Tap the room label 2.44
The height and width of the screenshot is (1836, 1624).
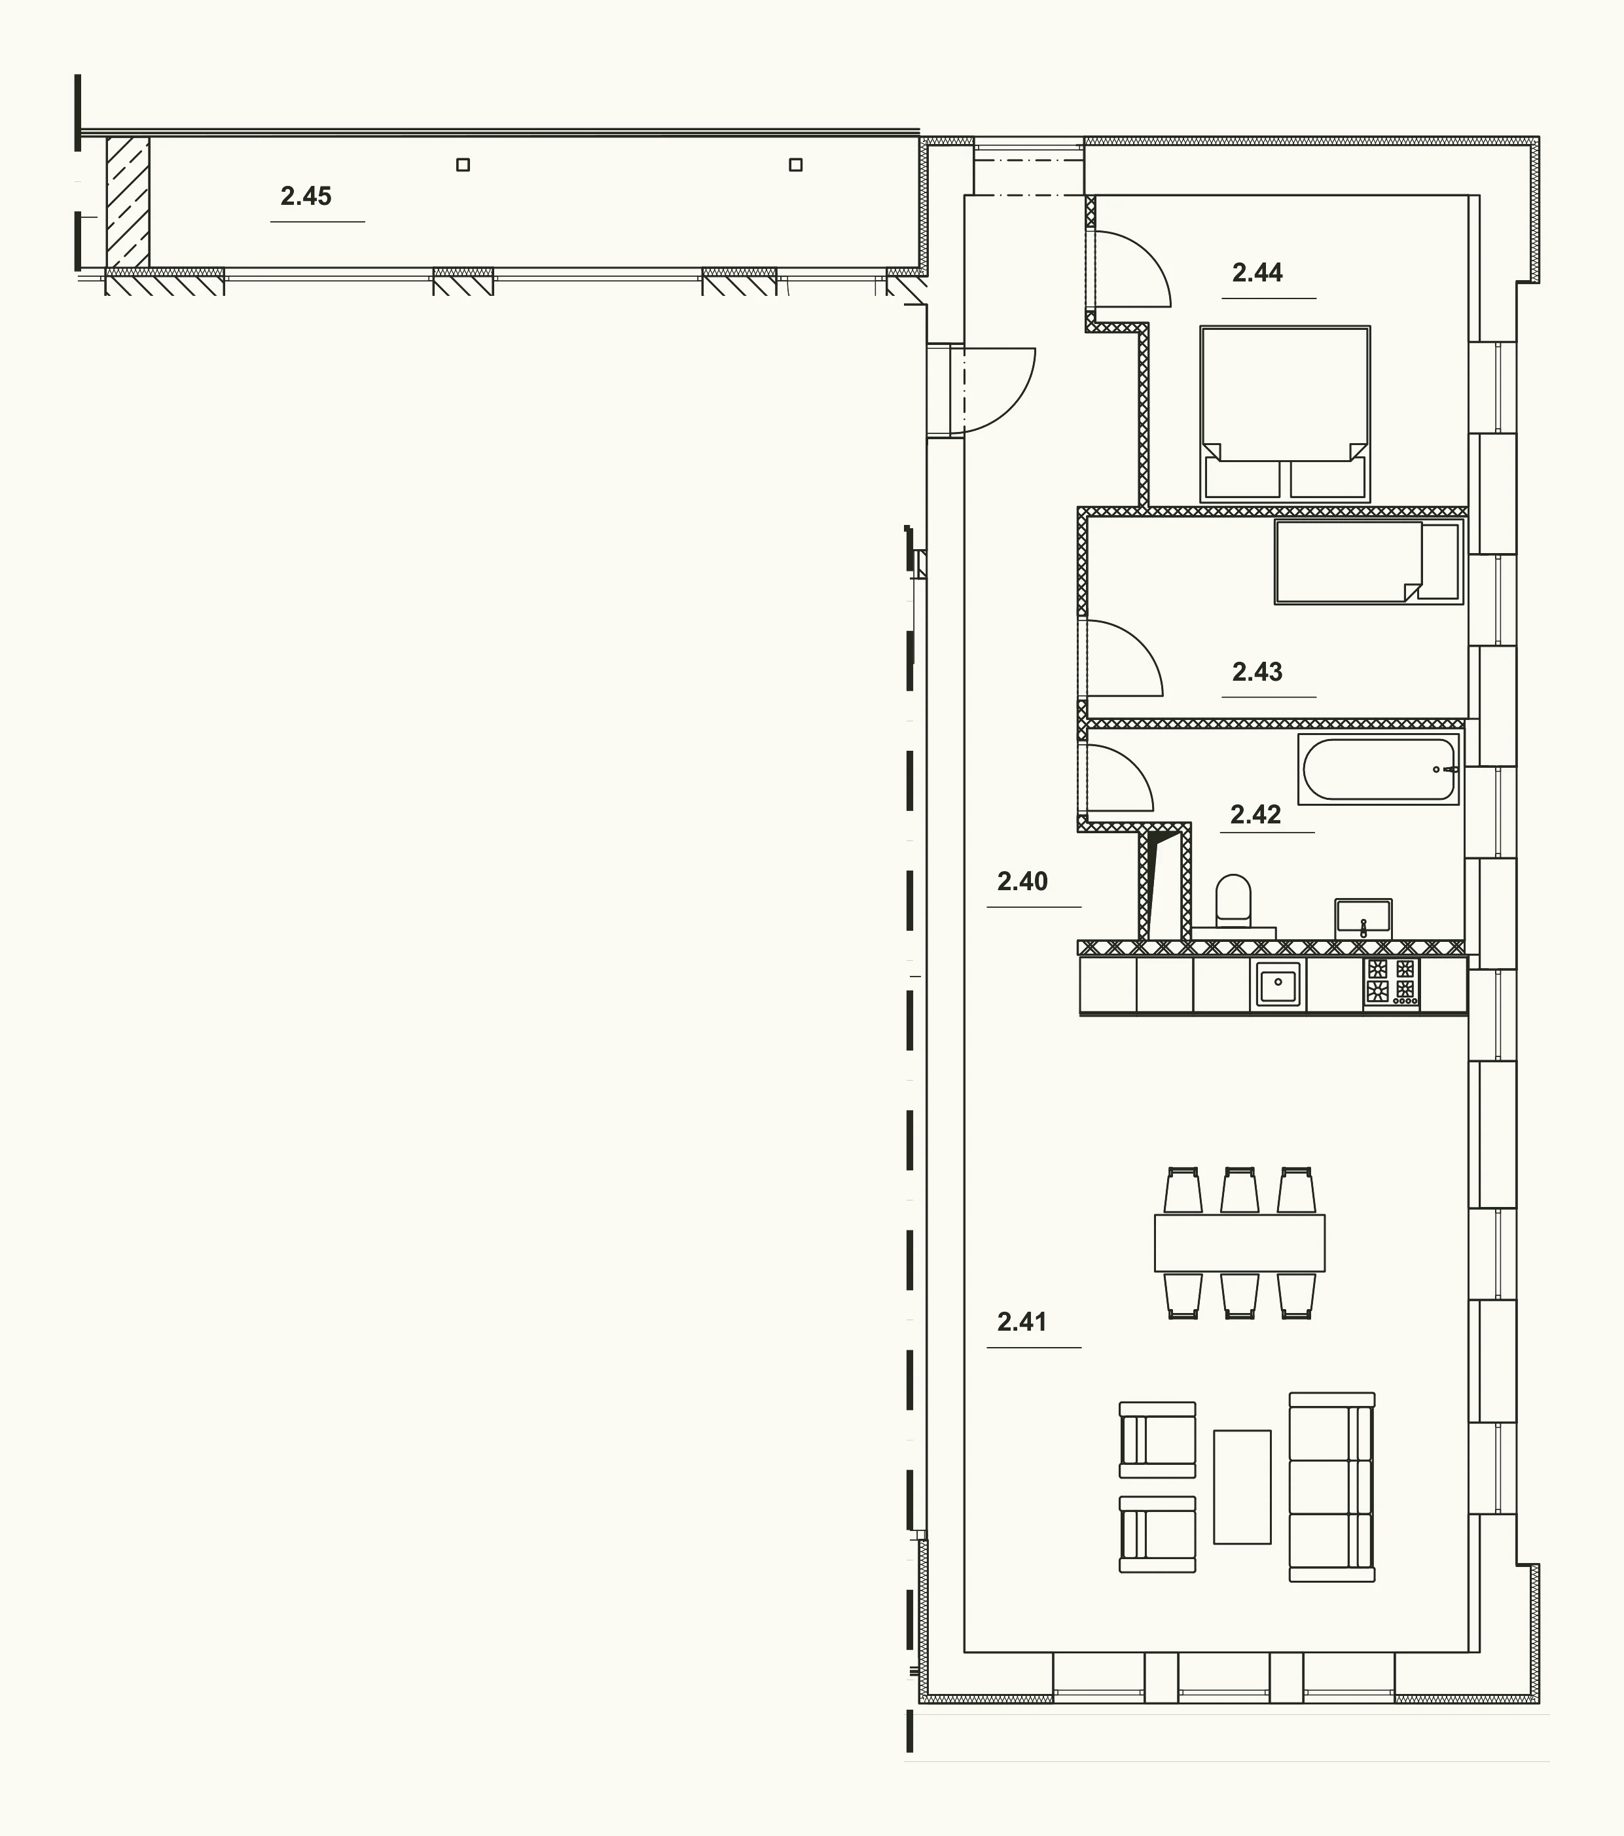[x=1257, y=272]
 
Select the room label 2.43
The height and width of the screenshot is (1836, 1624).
[x=1257, y=671]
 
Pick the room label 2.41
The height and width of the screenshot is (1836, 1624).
[x=1022, y=1322]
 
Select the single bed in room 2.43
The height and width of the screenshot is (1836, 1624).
[x=1369, y=562]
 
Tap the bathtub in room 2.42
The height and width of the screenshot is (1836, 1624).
[x=1379, y=770]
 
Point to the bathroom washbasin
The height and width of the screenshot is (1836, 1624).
[x=1363, y=918]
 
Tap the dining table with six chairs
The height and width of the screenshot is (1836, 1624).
[x=1240, y=1242]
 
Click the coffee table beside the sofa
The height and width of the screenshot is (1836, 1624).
[x=1242, y=1486]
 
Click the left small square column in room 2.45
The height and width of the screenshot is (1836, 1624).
[x=463, y=164]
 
